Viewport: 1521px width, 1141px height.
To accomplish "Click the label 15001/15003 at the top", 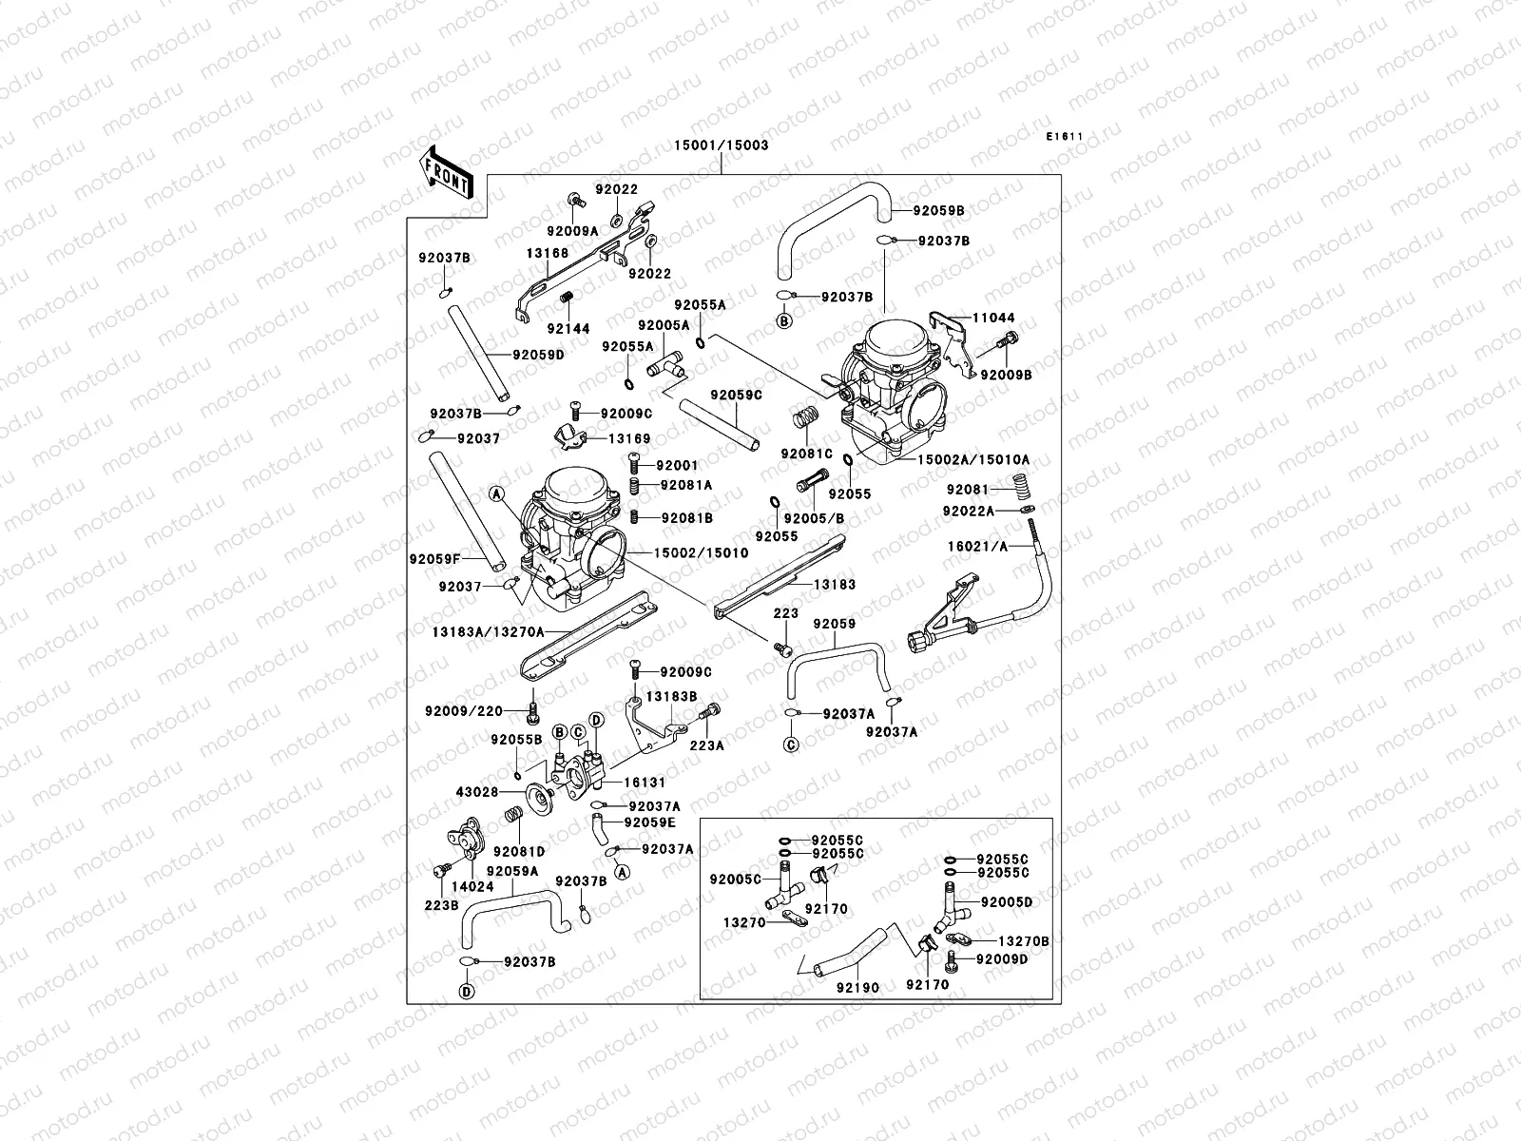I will click(x=721, y=145).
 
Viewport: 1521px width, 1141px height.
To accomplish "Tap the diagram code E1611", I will click(x=1065, y=137).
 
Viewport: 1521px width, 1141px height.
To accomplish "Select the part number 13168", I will click(x=548, y=254).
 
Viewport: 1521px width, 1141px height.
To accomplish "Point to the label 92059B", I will click(x=938, y=211).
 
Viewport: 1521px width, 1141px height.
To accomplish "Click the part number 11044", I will click(x=992, y=319).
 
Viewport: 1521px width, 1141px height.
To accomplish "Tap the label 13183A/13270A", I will click(x=488, y=631).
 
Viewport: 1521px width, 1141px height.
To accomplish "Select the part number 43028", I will click(x=477, y=792).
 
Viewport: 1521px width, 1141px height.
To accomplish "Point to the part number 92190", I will click(x=857, y=988).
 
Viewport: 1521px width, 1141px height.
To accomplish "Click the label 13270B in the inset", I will click(x=1024, y=940).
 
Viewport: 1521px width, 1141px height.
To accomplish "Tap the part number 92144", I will click(x=568, y=329).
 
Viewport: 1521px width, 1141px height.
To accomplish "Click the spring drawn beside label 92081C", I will click(x=805, y=418).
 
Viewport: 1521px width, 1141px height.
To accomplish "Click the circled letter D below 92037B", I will click(x=467, y=992).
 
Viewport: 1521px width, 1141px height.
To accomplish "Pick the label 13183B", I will click(x=672, y=697).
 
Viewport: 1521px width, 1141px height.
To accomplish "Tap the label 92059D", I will click(x=538, y=355).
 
